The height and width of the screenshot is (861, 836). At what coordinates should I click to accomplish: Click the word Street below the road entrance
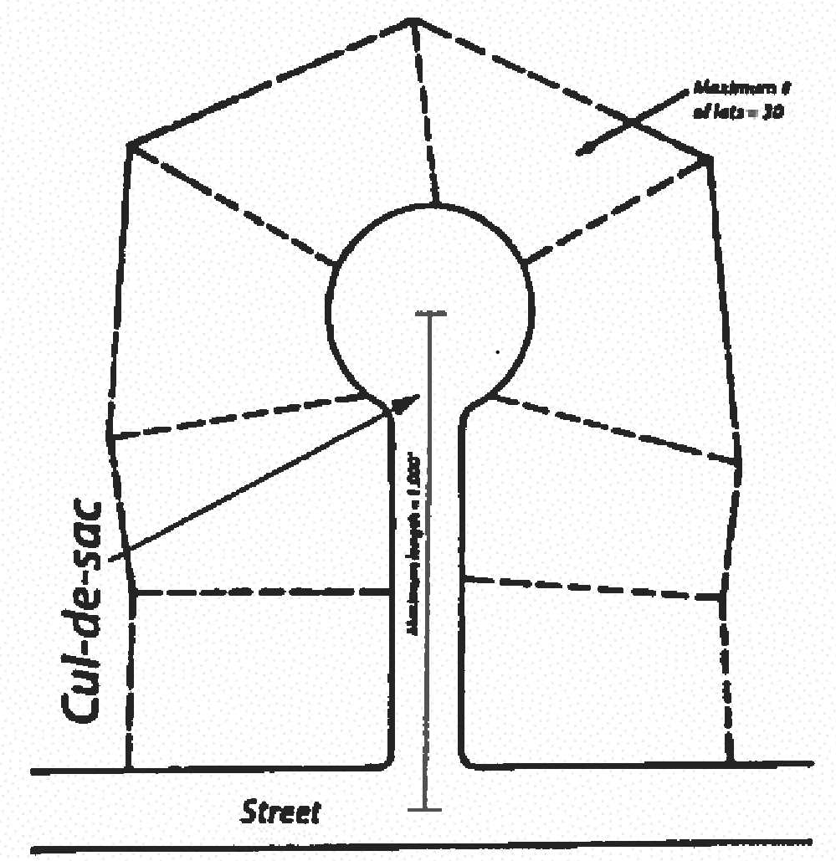coord(281,811)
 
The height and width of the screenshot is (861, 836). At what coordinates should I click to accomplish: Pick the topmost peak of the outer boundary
coord(413,20)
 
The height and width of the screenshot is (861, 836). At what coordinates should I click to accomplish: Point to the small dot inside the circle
coord(499,353)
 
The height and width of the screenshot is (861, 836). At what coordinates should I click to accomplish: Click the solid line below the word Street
coord(418,847)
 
